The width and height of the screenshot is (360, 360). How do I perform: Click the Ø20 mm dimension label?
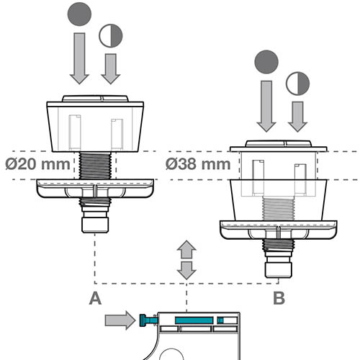click(37, 164)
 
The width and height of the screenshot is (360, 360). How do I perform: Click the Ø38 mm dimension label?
click(198, 164)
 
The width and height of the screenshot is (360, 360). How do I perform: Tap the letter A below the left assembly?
click(95, 298)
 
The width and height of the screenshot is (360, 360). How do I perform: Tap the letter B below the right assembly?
click(279, 298)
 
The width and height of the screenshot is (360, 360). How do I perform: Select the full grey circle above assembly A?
click(79, 14)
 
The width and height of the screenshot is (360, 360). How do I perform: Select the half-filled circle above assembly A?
click(111, 35)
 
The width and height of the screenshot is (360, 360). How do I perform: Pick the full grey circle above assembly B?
click(266, 62)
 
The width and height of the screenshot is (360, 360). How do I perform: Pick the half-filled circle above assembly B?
click(297, 84)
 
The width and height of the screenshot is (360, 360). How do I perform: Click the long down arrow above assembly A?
click(79, 58)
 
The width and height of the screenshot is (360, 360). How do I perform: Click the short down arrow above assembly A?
click(111, 69)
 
